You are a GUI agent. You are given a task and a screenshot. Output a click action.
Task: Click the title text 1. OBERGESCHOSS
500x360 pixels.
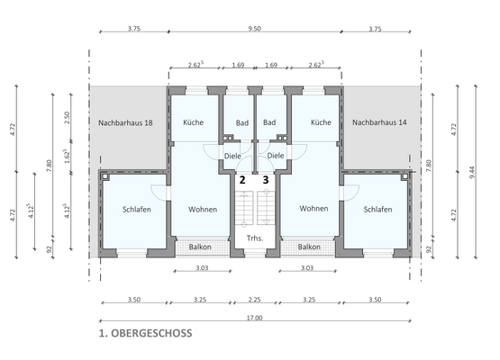click(146, 332)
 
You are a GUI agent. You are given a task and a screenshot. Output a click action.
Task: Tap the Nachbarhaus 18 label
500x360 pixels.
click(126, 122)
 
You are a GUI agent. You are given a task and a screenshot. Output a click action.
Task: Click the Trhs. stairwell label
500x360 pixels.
click(254, 238)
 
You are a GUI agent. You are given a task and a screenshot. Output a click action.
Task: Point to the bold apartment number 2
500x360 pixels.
click(241, 179)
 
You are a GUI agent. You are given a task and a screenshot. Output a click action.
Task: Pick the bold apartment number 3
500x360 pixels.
click(266, 179)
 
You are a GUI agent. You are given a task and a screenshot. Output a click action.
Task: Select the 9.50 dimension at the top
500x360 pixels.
click(254, 29)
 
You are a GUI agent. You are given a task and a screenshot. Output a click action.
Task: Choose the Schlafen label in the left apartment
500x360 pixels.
click(137, 209)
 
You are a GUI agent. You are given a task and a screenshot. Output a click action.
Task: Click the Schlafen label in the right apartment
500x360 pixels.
click(377, 209)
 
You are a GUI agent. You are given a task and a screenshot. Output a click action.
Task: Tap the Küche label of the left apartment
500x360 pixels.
click(193, 122)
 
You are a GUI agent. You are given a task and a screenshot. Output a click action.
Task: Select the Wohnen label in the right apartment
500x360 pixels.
click(314, 209)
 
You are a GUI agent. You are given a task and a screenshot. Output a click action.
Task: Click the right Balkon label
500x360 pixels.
click(309, 247)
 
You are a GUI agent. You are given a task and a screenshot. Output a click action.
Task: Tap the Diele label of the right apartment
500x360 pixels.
click(277, 155)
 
